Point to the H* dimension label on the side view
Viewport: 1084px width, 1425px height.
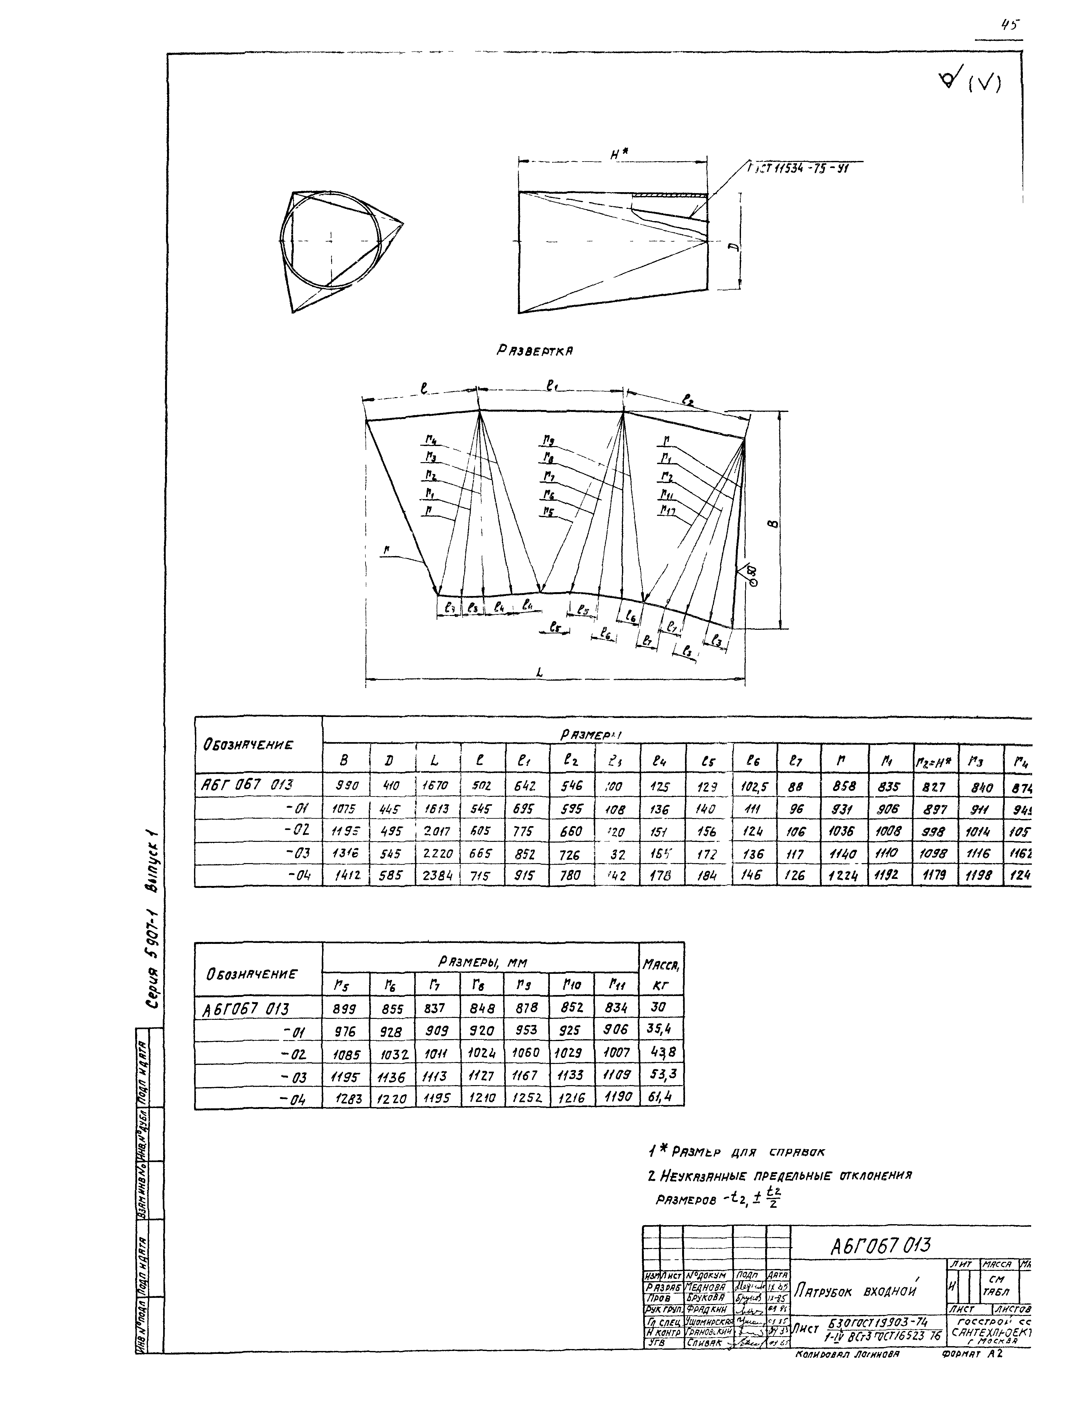[x=619, y=153]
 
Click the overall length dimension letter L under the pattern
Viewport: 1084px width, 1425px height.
[x=539, y=673]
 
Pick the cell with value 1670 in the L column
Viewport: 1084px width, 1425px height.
[x=439, y=787]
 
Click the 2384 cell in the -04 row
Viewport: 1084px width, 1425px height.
[x=439, y=876]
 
